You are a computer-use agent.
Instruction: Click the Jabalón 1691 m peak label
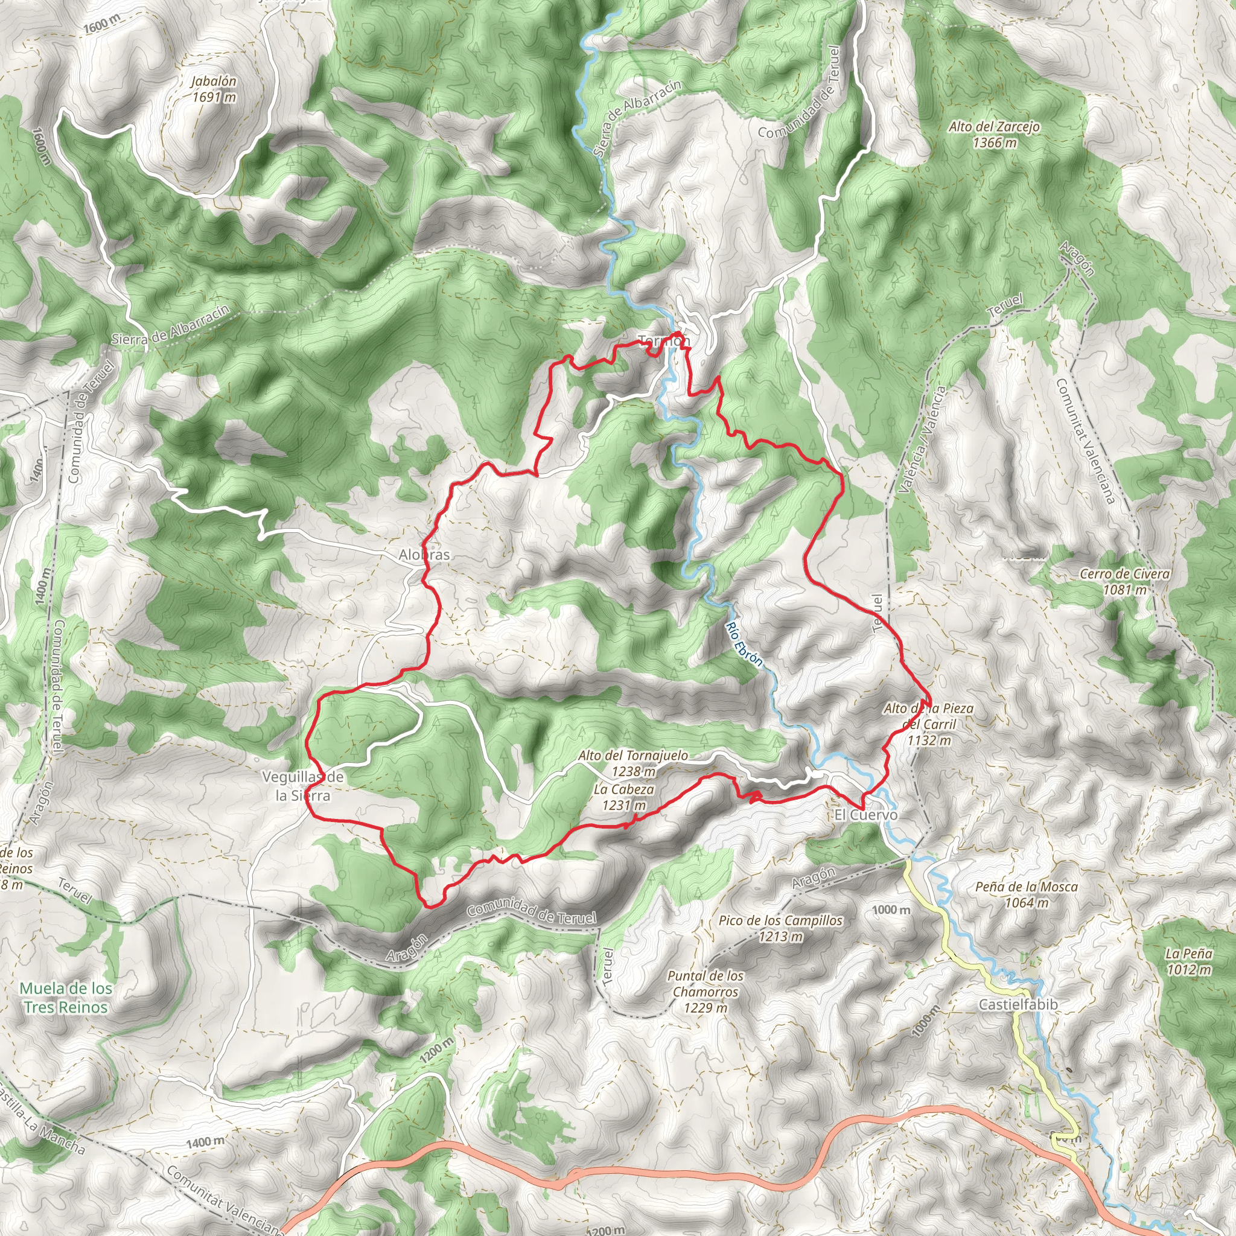[214, 89]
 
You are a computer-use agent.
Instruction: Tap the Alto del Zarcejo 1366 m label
[994, 135]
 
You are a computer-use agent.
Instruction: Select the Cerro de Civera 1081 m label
[1124, 582]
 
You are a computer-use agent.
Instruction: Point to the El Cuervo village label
[865, 814]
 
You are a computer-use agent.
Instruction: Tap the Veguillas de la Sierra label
[302, 786]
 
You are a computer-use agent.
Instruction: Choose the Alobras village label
[424, 555]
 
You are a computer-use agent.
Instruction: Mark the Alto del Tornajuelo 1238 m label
[633, 763]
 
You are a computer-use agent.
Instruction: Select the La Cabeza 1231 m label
[624, 797]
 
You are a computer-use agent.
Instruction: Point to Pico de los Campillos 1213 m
[780, 928]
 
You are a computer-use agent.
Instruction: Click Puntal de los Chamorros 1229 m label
[706, 992]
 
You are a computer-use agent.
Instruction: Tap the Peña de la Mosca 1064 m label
[1026, 894]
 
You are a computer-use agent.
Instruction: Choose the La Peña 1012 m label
[1189, 961]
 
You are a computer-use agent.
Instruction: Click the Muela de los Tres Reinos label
[66, 998]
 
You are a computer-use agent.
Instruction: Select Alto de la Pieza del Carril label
[928, 724]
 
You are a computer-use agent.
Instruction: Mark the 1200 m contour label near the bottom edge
[605, 1229]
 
